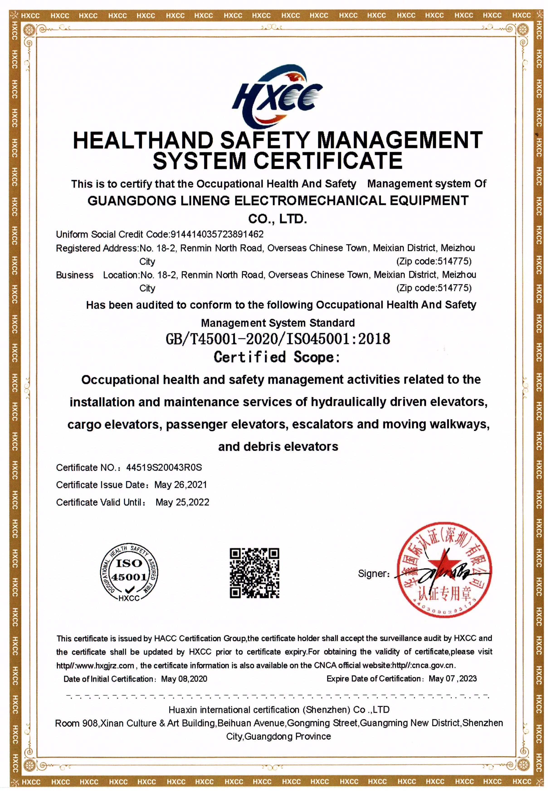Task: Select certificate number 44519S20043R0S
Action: (x=164, y=468)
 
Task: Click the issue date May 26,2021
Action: (x=180, y=485)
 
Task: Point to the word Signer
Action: (x=373, y=574)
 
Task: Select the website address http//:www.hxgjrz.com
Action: (x=95, y=665)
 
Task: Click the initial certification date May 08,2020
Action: (x=184, y=679)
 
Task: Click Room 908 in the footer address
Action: (x=77, y=723)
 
